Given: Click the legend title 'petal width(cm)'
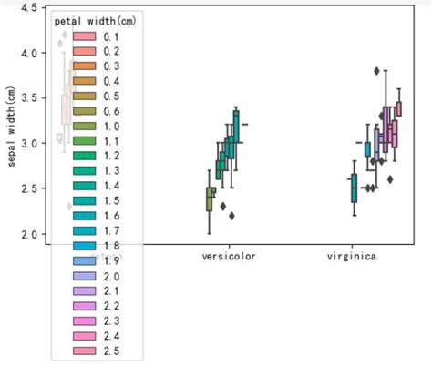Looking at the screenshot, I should pos(95,21).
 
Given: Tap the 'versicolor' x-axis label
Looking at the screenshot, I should pos(229,257).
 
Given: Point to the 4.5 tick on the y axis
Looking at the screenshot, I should pos(27,8).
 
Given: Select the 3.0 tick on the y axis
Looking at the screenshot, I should pos(27,144).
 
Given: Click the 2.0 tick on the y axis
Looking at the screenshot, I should pos(27,235).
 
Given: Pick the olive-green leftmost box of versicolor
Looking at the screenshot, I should pos(211,198).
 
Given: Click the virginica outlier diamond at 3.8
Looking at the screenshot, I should pos(377,71).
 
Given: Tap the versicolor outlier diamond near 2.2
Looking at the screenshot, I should pos(232,216).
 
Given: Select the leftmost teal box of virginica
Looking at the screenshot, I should pos(354,188).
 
